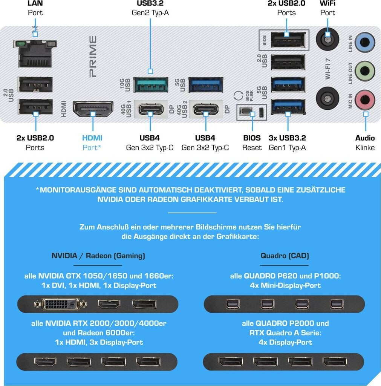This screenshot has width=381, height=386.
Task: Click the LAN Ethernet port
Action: [x=35, y=54]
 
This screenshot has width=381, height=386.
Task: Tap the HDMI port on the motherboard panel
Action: [x=93, y=109]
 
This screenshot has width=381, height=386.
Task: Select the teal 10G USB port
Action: [x=151, y=85]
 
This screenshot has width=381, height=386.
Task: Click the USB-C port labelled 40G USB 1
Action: [x=151, y=109]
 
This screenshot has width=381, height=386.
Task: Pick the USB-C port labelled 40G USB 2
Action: [x=206, y=109]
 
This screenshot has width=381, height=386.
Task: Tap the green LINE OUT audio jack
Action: [x=365, y=71]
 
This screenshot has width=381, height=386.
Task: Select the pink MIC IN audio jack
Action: [x=365, y=100]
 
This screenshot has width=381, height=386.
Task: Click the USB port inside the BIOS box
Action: [x=288, y=40]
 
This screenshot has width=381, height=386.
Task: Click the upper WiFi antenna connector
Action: [x=327, y=39]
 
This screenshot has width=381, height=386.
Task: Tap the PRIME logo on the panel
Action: [x=93, y=57]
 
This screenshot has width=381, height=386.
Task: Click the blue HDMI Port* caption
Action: [x=92, y=142]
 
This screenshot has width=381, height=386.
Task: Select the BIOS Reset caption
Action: [x=252, y=142]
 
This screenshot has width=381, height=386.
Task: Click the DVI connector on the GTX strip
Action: [x=61, y=304]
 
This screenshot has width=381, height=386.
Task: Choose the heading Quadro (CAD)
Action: [x=285, y=256]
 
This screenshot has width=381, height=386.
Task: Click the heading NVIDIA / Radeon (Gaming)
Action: [x=98, y=256]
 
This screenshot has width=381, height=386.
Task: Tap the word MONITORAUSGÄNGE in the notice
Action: [x=78, y=190]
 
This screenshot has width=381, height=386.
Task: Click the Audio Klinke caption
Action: [x=365, y=142]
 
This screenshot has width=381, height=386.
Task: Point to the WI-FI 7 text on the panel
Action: [x=327, y=69]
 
